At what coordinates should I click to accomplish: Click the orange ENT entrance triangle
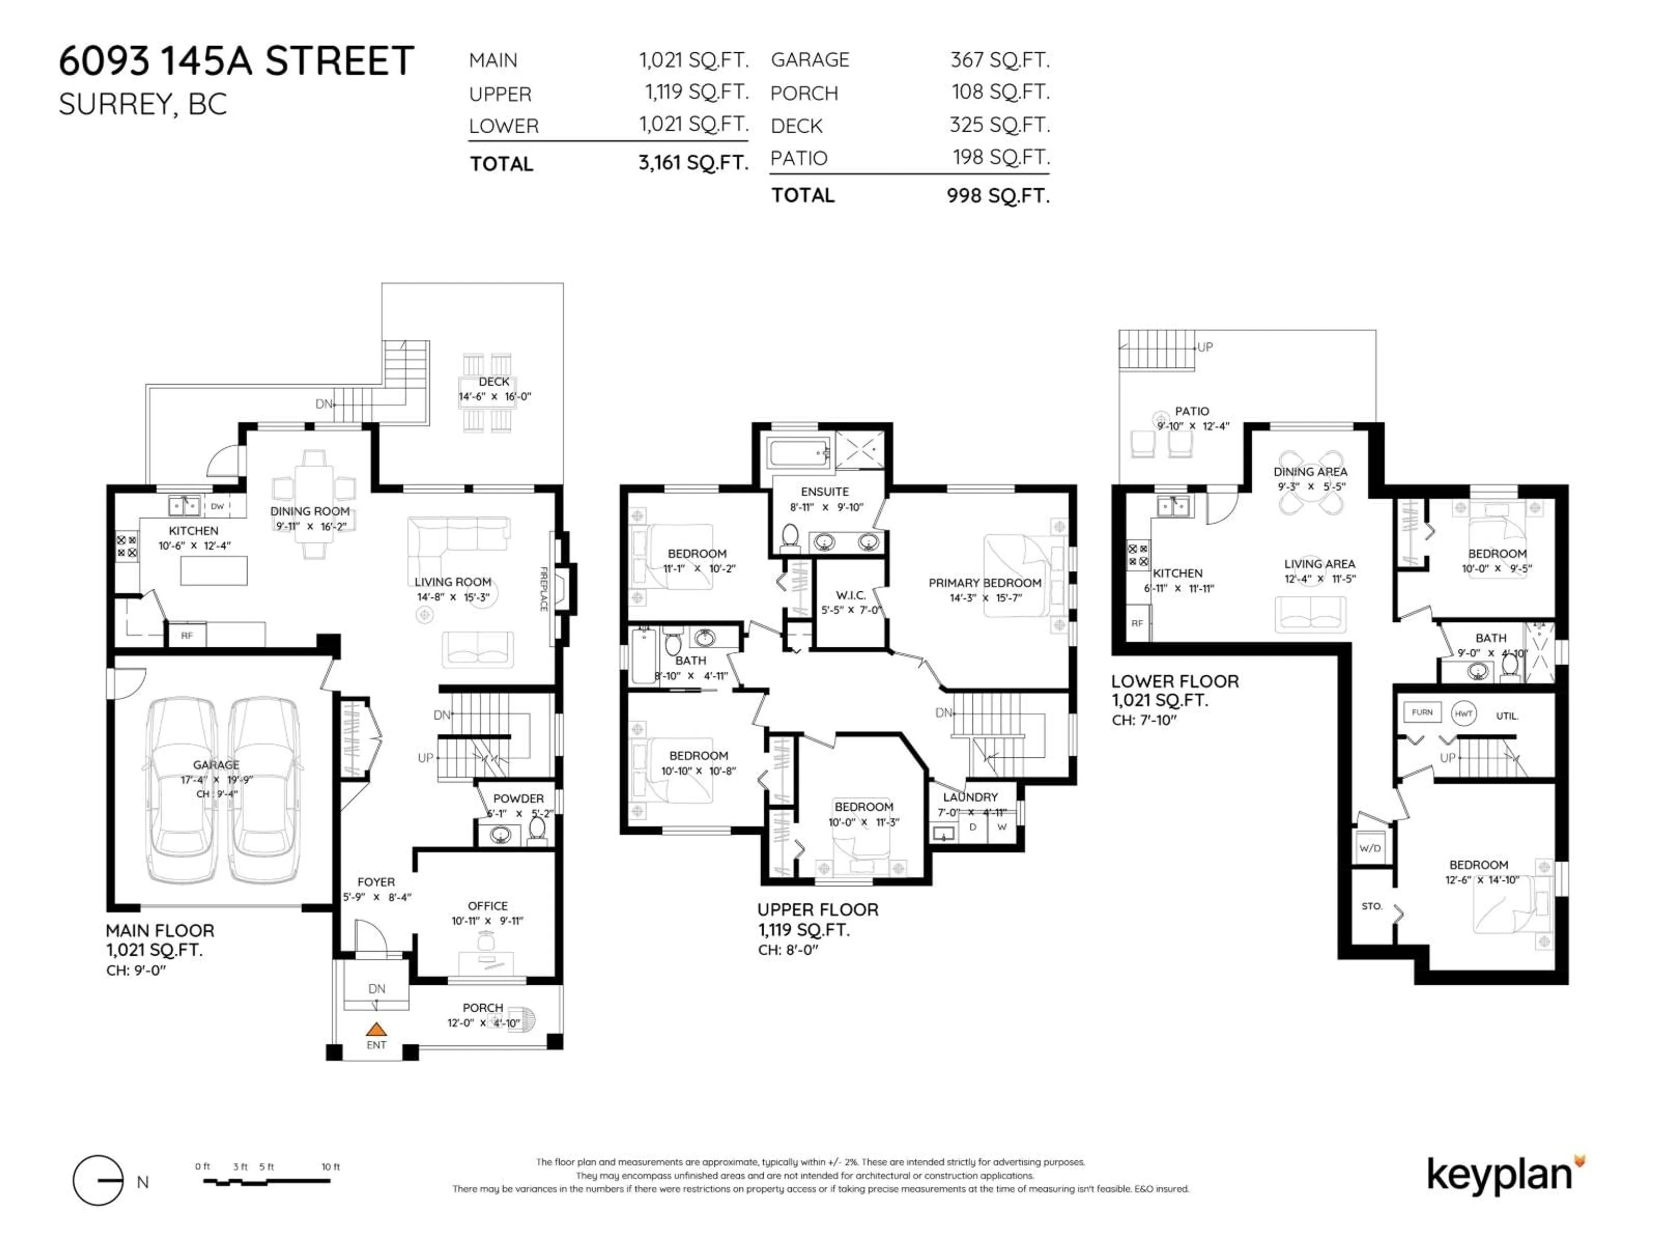(x=376, y=1030)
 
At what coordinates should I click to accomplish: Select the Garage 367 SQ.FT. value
(x=999, y=60)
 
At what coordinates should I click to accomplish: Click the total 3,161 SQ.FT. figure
(x=693, y=163)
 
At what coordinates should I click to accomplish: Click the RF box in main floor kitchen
(x=187, y=635)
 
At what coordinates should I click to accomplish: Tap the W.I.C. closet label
(x=851, y=595)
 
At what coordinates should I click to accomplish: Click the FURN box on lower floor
(x=1422, y=712)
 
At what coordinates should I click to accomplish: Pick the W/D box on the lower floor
(x=1370, y=848)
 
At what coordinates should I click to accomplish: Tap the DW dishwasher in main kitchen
(x=217, y=506)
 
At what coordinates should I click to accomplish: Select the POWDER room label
(x=518, y=799)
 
